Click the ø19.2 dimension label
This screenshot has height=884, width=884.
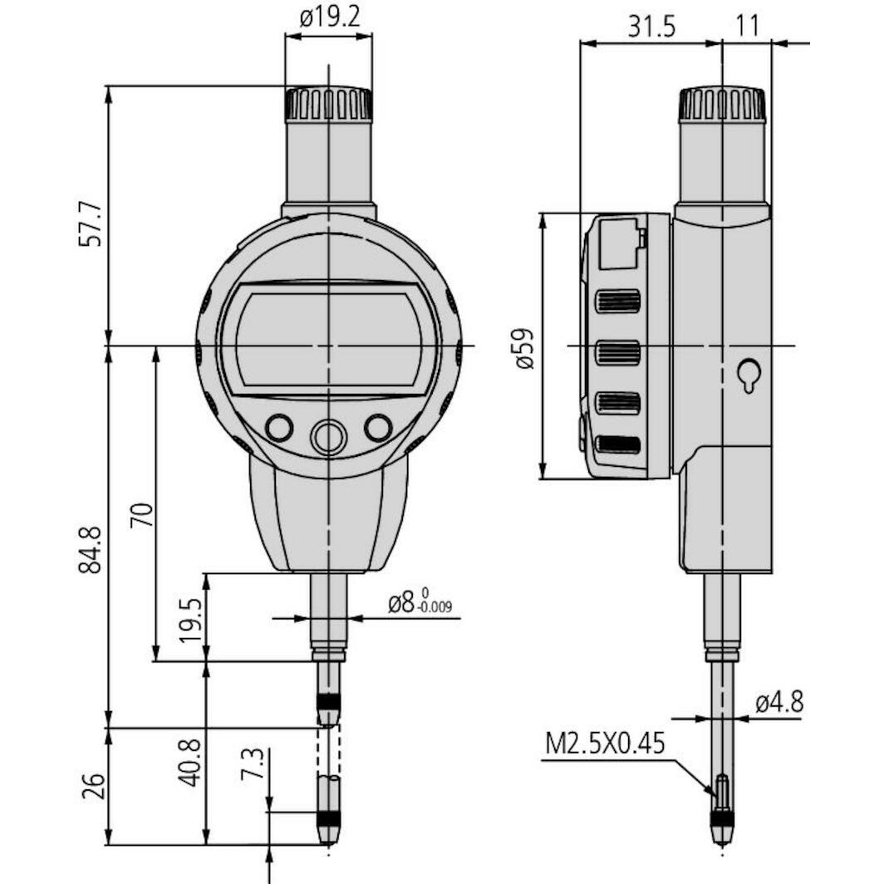[330, 17]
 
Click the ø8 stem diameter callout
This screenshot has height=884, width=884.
[420, 602]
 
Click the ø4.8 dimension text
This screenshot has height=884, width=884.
[778, 703]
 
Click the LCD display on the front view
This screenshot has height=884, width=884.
[328, 338]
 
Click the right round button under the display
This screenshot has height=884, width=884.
[378, 428]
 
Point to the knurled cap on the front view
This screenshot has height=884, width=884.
[329, 104]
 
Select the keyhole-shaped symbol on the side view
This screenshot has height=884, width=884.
[749, 375]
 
